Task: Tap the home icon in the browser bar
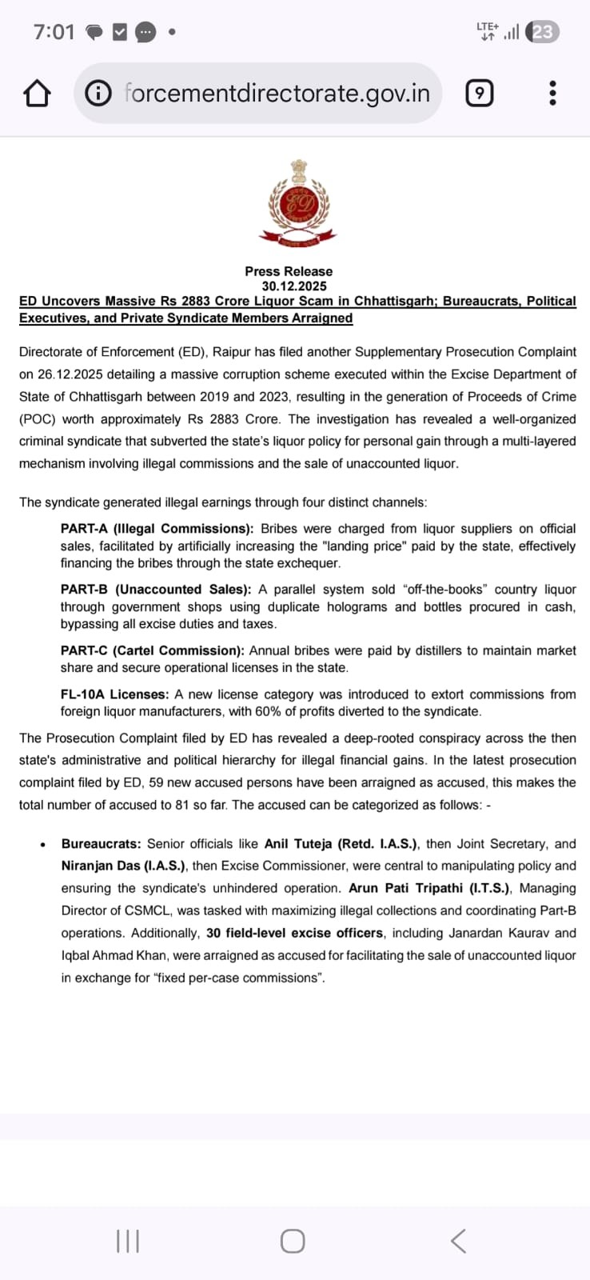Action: click(x=37, y=94)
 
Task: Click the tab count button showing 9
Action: click(x=479, y=94)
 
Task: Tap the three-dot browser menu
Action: click(x=552, y=94)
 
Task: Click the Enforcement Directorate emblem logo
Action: click(x=298, y=202)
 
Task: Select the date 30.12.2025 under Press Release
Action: click(x=294, y=286)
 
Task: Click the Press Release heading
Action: click(x=289, y=272)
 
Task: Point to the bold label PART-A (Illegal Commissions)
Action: click(x=157, y=529)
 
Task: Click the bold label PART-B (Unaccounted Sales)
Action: click(x=155, y=590)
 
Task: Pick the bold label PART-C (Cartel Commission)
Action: click(x=153, y=650)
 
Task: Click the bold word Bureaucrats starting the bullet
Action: click(x=101, y=844)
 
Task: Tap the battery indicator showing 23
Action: click(x=543, y=32)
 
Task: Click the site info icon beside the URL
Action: click(x=98, y=94)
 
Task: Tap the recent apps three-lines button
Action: click(x=128, y=1242)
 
